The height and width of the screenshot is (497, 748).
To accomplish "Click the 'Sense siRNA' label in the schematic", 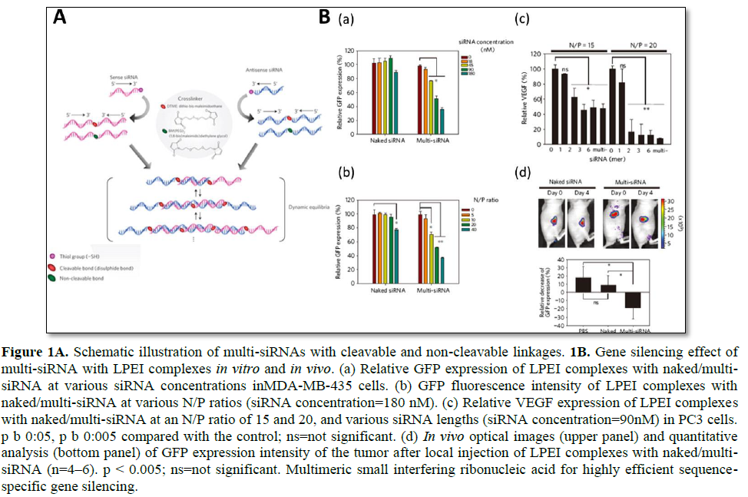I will coord(81,80).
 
